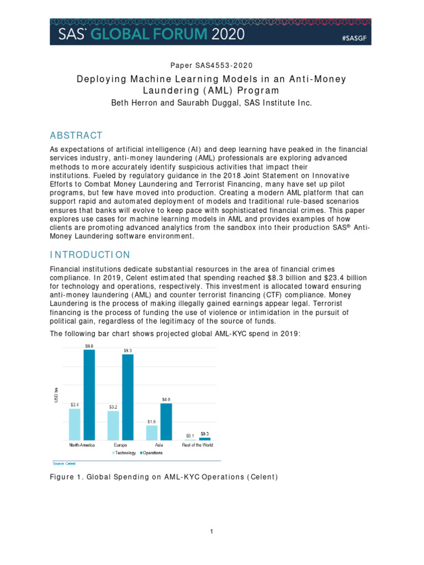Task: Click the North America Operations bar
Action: pos(89,394)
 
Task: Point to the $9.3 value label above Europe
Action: pos(128,350)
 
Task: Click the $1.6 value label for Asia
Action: pos(151,422)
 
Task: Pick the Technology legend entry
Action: pos(125,453)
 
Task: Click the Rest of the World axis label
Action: pos(197,445)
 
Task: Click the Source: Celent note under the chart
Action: pos(65,463)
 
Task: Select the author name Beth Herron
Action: pos(135,103)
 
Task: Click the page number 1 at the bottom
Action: pos(211,531)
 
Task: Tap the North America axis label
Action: pos(82,445)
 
